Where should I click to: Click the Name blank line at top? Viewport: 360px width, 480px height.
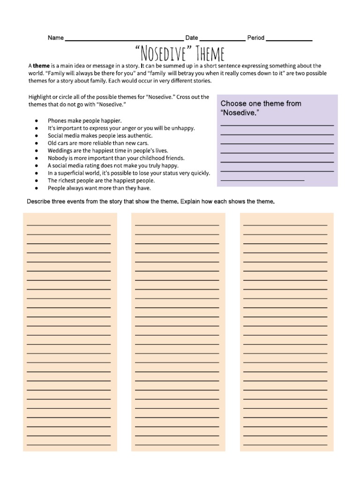point(124,40)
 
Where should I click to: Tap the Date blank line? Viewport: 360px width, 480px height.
point(222,40)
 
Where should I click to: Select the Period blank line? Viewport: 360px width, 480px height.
point(289,40)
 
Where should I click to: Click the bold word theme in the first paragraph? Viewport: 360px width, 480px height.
point(41,66)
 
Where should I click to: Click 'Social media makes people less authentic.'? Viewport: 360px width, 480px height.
point(100,135)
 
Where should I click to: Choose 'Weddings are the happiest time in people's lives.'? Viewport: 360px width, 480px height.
point(107,150)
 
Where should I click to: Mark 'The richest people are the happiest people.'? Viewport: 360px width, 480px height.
point(101,180)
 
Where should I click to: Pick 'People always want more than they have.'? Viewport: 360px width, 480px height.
point(99,188)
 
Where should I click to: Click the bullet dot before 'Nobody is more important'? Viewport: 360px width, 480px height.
point(37,158)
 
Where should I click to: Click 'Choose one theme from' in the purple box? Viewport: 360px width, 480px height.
point(261,104)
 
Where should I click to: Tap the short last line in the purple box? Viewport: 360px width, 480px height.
point(262,180)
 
